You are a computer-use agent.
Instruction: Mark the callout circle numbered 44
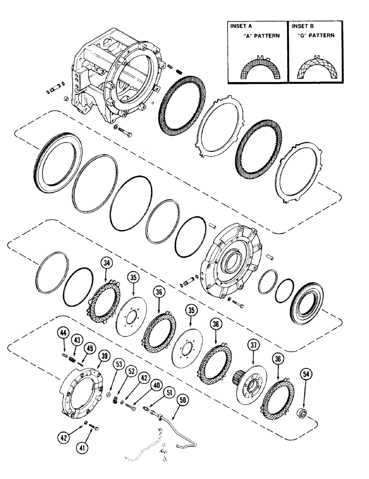point(63,332)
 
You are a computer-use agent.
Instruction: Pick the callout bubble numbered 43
point(76,340)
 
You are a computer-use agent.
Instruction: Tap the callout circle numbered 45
point(88,348)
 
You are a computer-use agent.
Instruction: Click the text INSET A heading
point(240,26)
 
